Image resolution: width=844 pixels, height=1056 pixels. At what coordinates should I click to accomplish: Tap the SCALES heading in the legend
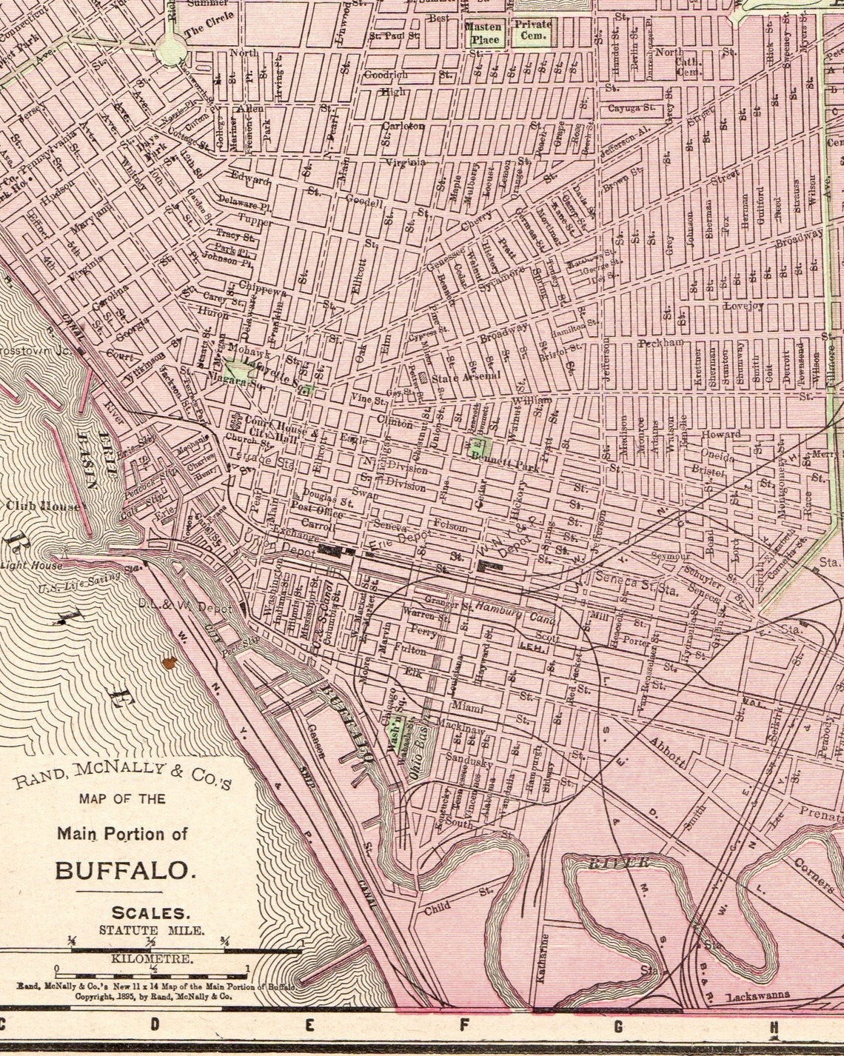[144, 913]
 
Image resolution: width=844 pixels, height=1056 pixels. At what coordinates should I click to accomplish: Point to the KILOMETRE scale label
[152, 958]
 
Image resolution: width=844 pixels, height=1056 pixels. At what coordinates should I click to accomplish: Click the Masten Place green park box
[483, 32]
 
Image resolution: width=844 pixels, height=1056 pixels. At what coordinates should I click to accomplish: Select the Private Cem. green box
[533, 30]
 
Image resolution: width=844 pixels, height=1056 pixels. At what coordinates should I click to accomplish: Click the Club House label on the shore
[47, 507]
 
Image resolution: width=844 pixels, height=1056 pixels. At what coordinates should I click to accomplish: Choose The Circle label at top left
[204, 31]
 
